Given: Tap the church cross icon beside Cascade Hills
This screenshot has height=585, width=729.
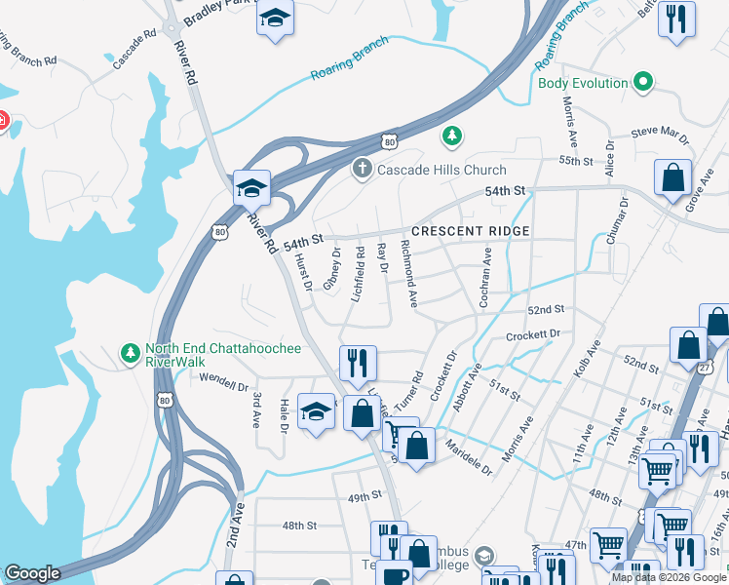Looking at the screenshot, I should click(362, 170).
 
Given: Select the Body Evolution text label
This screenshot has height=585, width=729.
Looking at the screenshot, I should click(583, 83).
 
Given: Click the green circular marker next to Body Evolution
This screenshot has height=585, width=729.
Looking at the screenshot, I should click(643, 83).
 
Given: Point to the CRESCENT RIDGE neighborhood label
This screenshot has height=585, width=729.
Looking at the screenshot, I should click(471, 231).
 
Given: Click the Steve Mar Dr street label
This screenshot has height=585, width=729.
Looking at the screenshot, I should click(659, 131).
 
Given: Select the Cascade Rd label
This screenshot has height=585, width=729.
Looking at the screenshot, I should click(134, 50).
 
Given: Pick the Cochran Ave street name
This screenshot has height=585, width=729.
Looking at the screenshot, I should click(484, 279).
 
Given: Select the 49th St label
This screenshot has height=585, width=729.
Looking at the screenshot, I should click(364, 496).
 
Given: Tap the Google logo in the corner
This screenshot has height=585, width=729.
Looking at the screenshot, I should click(32, 573).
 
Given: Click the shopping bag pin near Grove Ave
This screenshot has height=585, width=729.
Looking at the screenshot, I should click(672, 178).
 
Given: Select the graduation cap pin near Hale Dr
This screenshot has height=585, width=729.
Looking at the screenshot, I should click(316, 410).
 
